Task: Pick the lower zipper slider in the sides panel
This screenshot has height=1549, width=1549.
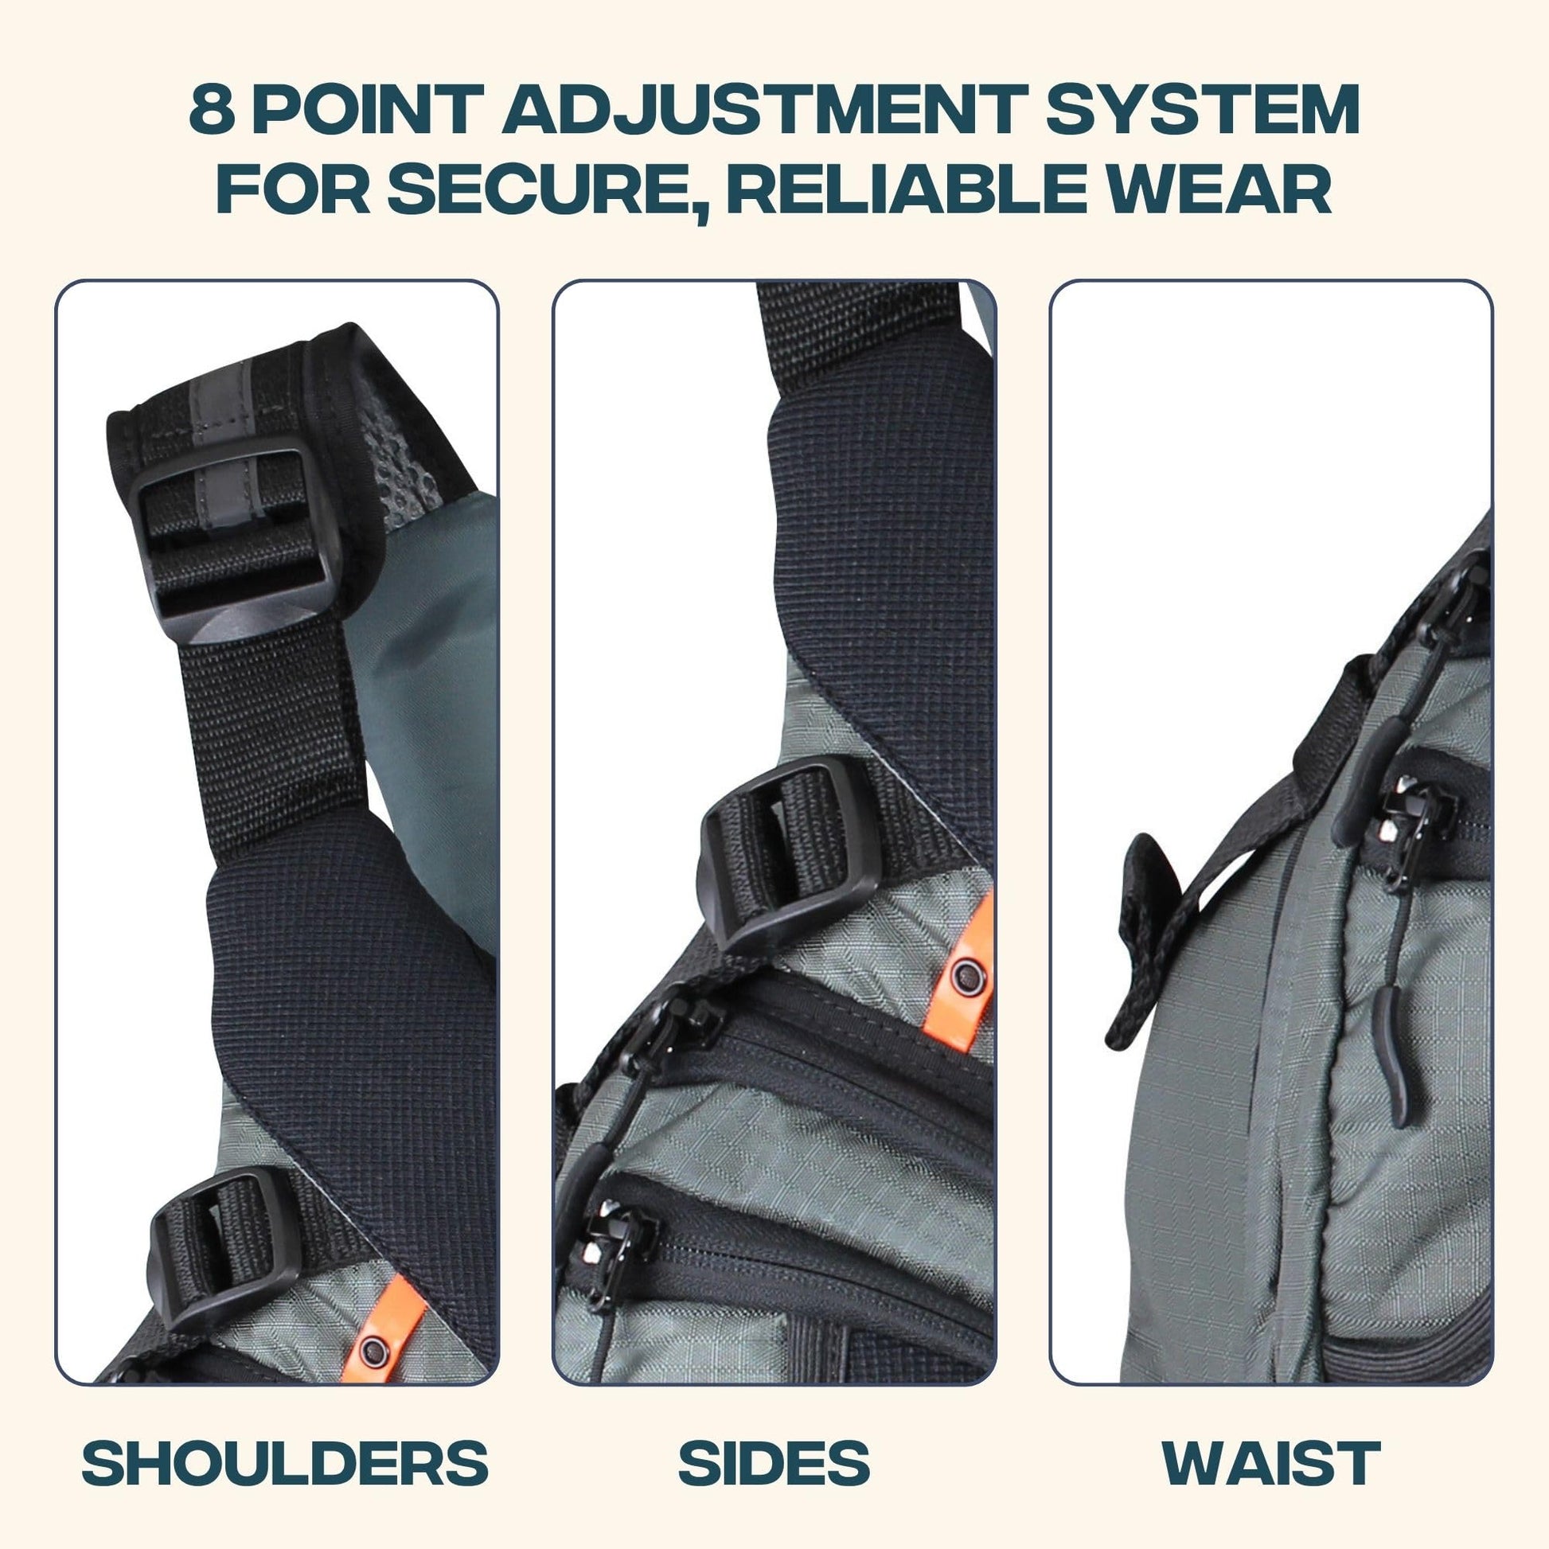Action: [614, 1251]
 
